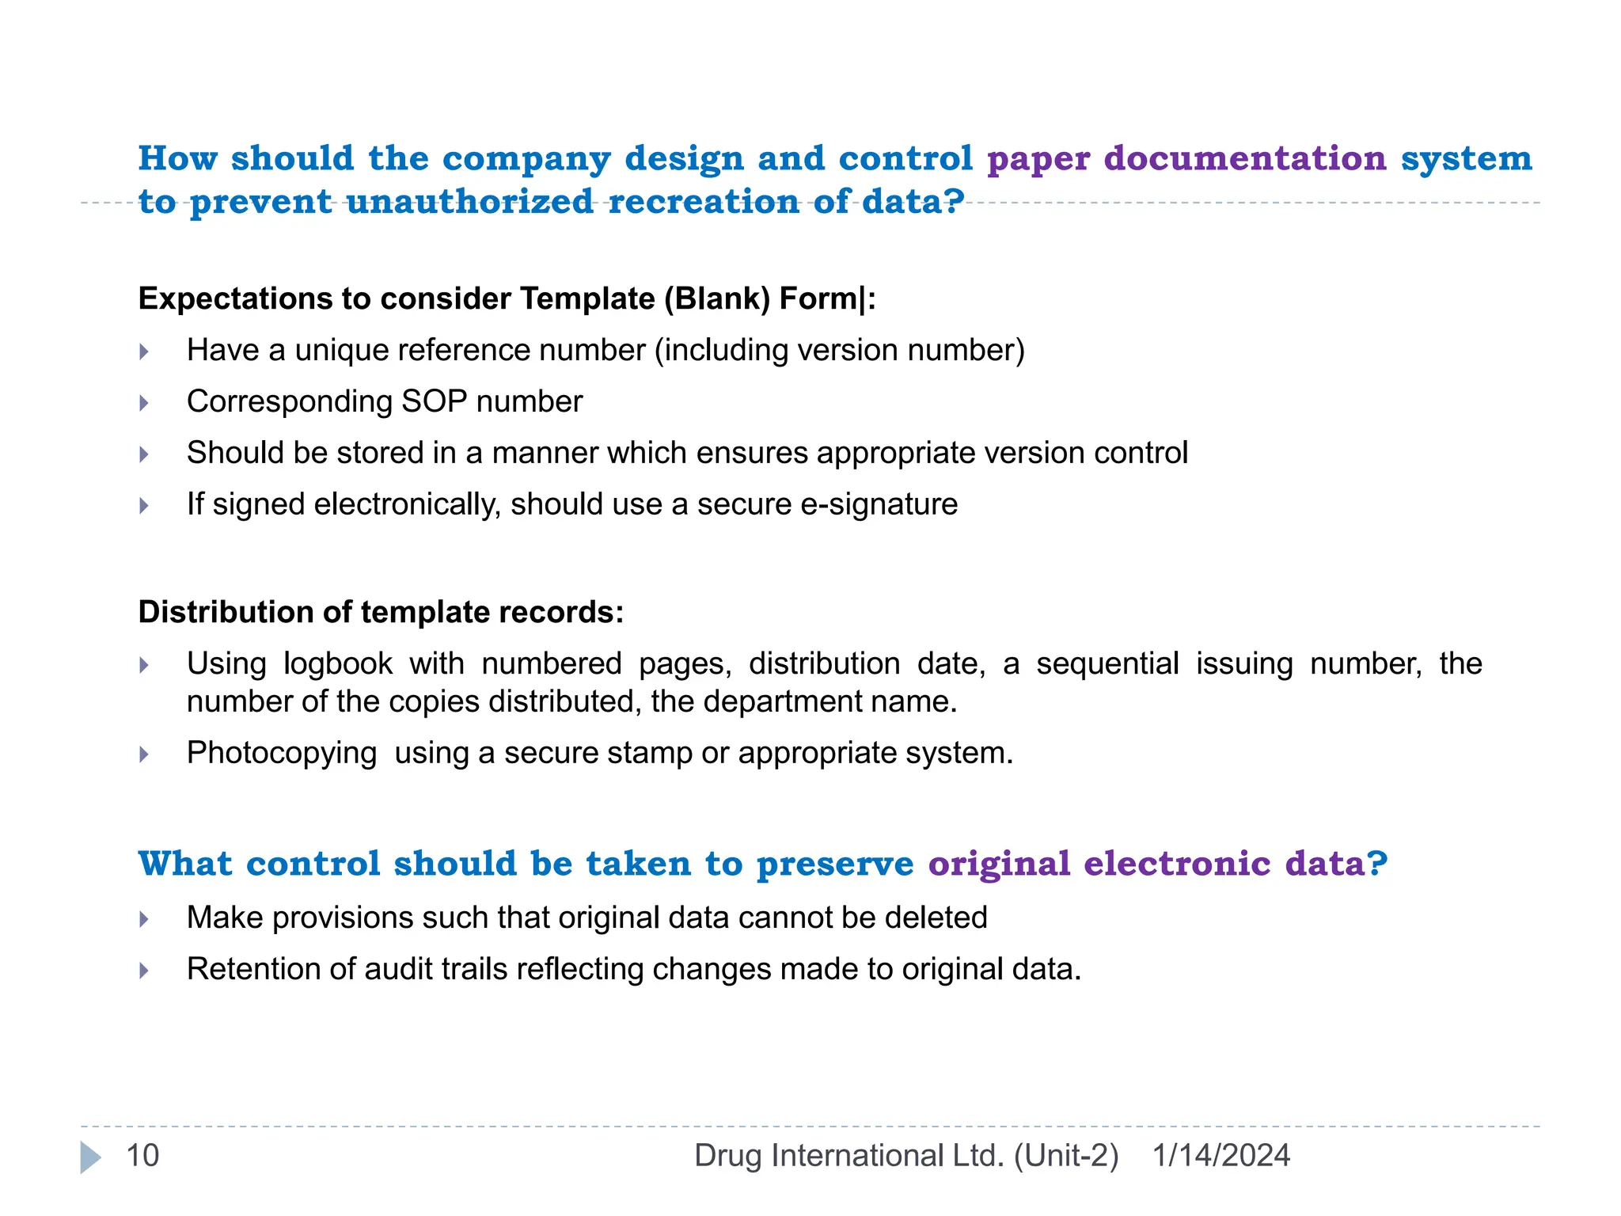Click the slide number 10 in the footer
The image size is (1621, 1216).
[142, 1156]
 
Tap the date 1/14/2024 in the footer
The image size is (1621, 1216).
[1220, 1156]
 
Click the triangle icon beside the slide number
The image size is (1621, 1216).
[90, 1157]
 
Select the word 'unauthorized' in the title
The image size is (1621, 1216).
[469, 202]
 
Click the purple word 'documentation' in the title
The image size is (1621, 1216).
[1245, 158]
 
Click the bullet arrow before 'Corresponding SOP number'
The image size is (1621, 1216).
[144, 403]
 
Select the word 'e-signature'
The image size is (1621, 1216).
[879, 504]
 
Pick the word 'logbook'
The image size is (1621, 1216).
[338, 664]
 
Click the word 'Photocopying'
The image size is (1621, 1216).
[282, 753]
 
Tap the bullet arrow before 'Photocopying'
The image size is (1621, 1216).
[144, 754]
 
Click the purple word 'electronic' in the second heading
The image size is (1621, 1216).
[1177, 864]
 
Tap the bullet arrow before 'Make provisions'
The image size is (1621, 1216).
[144, 919]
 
